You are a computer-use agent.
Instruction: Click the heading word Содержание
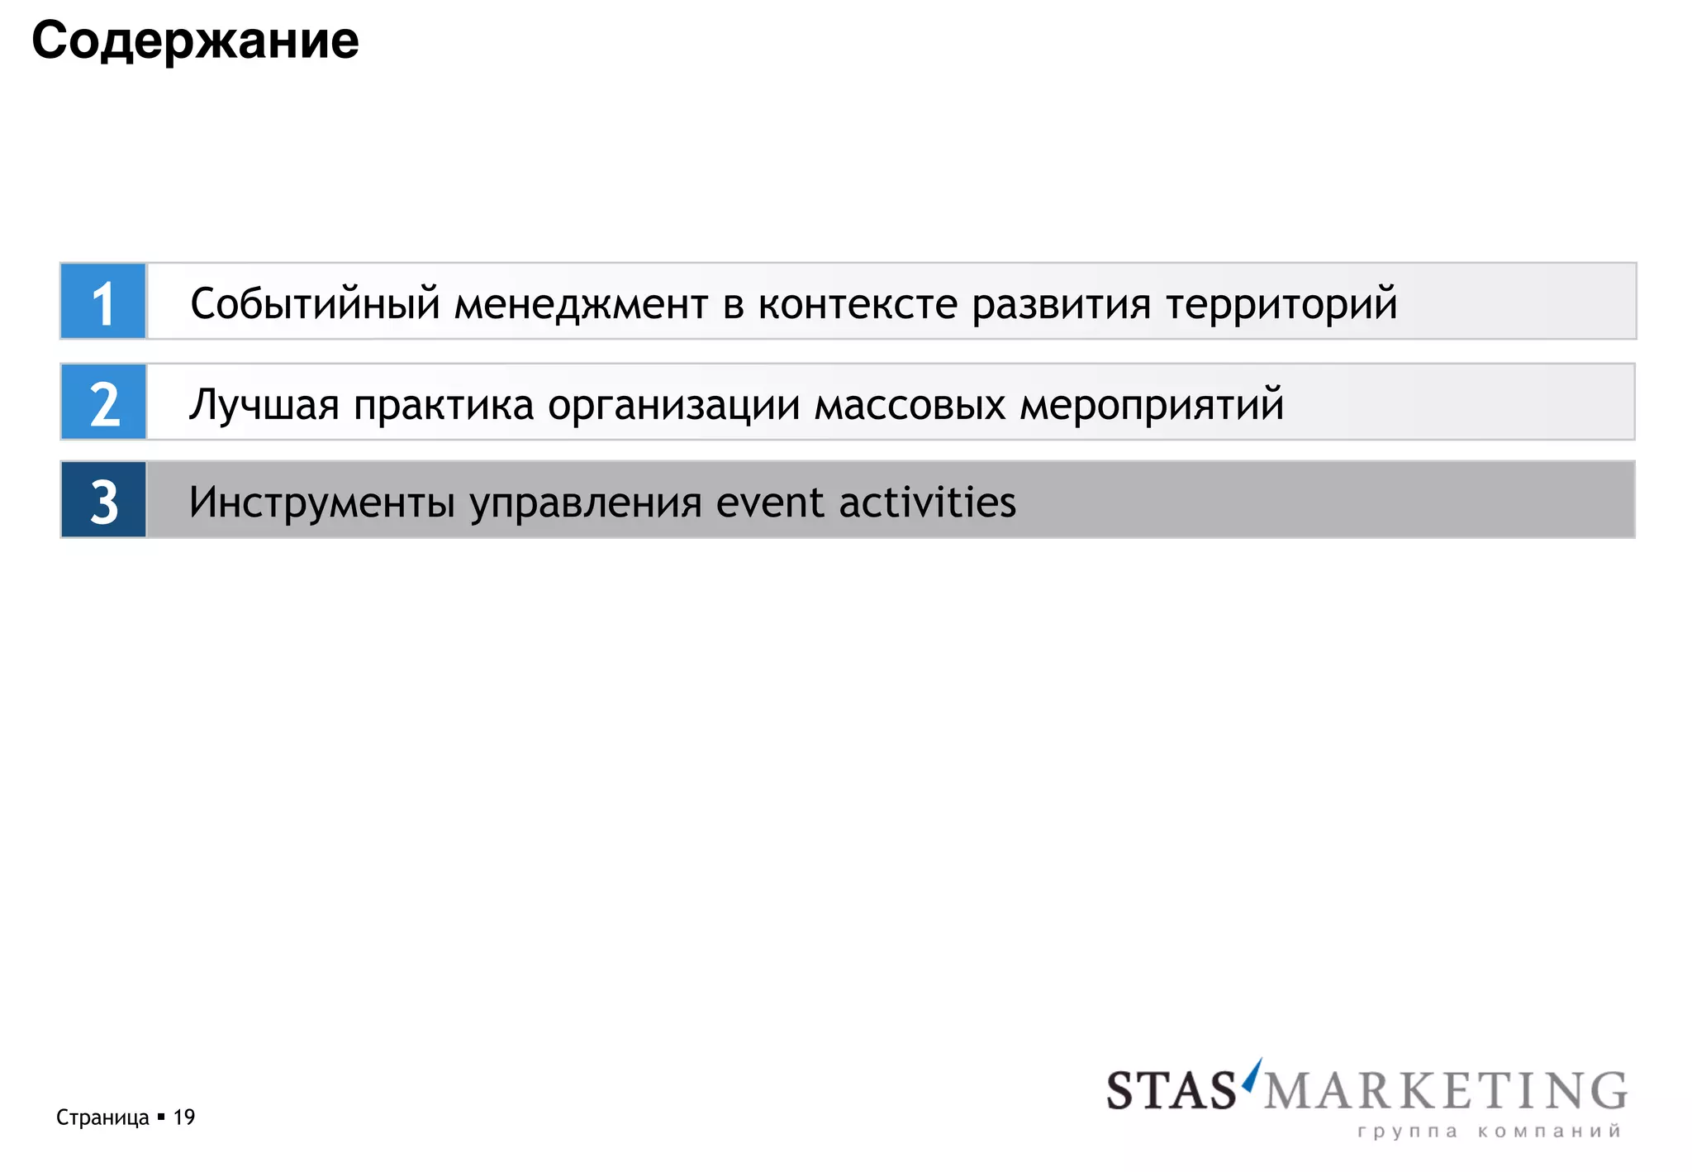pyautogui.click(x=195, y=40)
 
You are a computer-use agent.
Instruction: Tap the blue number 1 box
pyautogui.click(x=103, y=302)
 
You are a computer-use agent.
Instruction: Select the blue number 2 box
pyautogui.click(x=103, y=403)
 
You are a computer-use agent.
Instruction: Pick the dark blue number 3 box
pyautogui.click(x=103, y=500)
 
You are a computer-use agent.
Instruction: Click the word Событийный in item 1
pyautogui.click(x=315, y=304)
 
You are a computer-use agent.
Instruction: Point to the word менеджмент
pyautogui.click(x=581, y=304)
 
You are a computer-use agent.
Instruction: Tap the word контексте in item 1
pyautogui.click(x=858, y=304)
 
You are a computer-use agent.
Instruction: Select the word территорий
pyautogui.click(x=1281, y=304)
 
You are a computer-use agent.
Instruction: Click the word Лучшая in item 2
pyautogui.click(x=264, y=405)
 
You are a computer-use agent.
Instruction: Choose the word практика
pyautogui.click(x=444, y=405)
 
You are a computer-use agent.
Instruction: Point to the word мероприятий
pyautogui.click(x=1152, y=405)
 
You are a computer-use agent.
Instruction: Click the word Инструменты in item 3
pyautogui.click(x=321, y=503)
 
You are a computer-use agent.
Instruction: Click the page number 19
pyautogui.click(x=184, y=1117)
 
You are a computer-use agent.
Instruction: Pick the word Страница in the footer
pyautogui.click(x=102, y=1117)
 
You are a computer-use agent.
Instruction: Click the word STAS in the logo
pyautogui.click(x=1171, y=1091)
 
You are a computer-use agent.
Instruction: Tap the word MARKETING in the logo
pyautogui.click(x=1445, y=1091)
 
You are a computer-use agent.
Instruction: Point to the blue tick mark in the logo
pyautogui.click(x=1253, y=1073)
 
